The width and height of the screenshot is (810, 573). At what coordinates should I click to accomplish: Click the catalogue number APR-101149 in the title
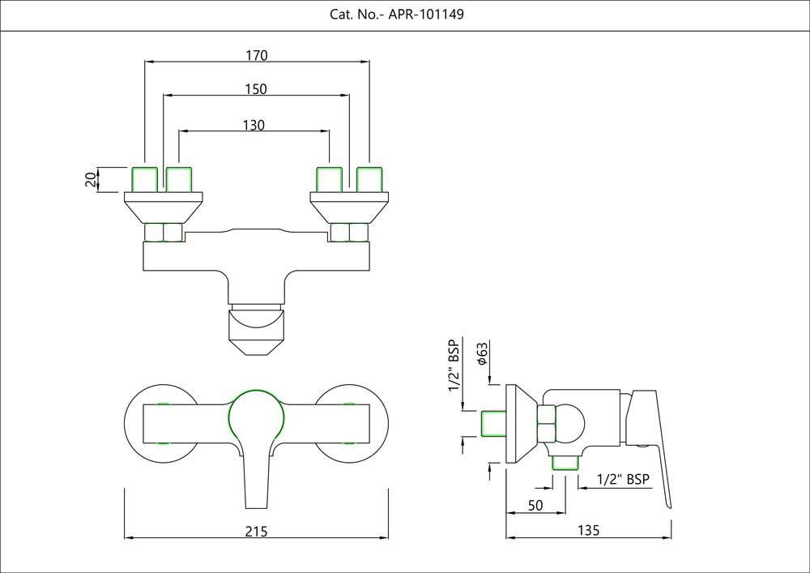pyautogui.click(x=426, y=15)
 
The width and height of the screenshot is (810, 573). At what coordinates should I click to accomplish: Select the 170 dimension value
pyautogui.click(x=257, y=56)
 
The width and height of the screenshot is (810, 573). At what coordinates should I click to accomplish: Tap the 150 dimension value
pyautogui.click(x=256, y=89)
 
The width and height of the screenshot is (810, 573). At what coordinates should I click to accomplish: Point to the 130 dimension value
pyautogui.click(x=254, y=125)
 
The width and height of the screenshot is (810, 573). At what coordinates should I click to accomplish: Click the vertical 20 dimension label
pyautogui.click(x=90, y=179)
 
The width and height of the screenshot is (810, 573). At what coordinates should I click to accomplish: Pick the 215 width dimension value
pyautogui.click(x=256, y=531)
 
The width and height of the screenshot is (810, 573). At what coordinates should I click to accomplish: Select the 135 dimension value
pyautogui.click(x=589, y=531)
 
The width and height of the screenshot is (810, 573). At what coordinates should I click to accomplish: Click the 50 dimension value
pyautogui.click(x=535, y=505)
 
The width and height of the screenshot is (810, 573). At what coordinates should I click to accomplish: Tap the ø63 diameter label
pyautogui.click(x=482, y=353)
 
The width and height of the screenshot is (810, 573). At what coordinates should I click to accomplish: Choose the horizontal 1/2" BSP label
pyautogui.click(x=623, y=479)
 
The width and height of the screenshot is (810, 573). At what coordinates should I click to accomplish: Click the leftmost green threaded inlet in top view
pyautogui.click(x=144, y=179)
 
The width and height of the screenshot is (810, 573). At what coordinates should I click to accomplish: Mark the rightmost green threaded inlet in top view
pyautogui.click(x=369, y=179)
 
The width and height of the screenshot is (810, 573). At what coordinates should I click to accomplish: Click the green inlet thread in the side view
pyautogui.click(x=493, y=424)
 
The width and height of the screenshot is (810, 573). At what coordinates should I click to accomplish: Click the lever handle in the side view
pyautogui.click(x=654, y=446)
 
